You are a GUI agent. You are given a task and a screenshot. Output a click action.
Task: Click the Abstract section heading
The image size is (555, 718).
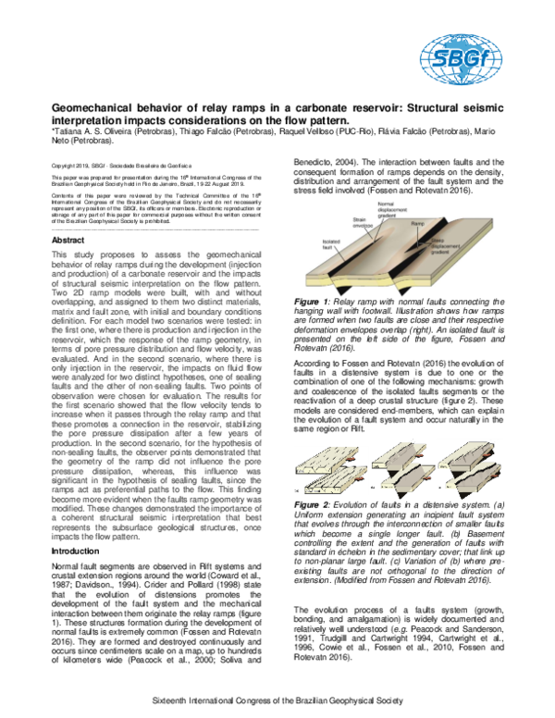pyautogui.click(x=70, y=240)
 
